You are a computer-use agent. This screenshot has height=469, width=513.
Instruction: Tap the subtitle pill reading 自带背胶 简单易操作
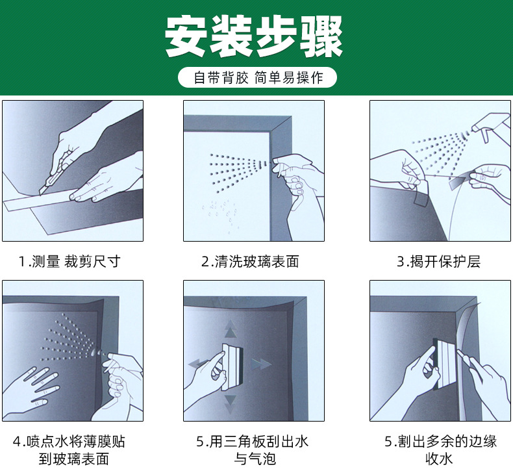coord(258,78)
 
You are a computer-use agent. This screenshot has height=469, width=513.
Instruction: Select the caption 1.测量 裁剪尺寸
coord(69,262)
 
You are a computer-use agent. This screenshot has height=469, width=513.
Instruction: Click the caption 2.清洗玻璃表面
coord(250,262)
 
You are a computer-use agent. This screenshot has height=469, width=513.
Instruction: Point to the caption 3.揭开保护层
coord(438,262)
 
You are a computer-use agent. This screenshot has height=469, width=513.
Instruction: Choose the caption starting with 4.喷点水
coord(69,450)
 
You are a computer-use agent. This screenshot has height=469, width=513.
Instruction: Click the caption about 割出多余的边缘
coord(440,450)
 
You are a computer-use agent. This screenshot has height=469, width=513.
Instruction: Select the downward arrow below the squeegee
coord(230,404)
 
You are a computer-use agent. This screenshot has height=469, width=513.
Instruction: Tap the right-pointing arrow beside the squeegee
coord(261,364)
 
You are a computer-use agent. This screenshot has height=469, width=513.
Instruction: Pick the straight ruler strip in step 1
coord(39,203)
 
